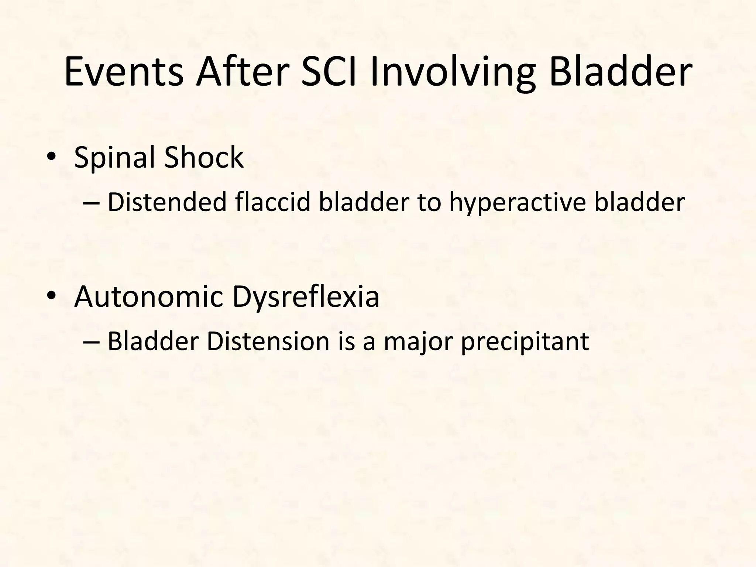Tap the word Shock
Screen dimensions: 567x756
pos(204,157)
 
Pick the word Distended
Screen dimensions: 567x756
pos(167,203)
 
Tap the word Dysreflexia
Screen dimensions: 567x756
pos(306,298)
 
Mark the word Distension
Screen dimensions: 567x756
pos(268,341)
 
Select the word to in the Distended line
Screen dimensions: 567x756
pos(429,203)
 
